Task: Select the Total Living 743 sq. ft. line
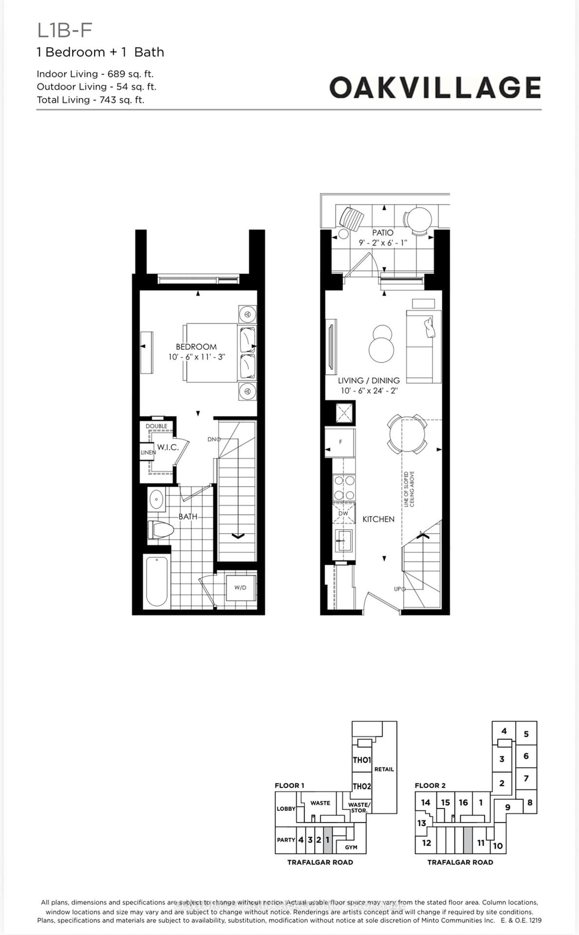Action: pos(90,100)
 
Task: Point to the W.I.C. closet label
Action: pos(168,447)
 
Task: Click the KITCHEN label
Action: pos(378,519)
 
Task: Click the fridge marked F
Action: pos(340,442)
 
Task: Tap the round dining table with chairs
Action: pos(407,435)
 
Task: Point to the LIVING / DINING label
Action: pos(369,381)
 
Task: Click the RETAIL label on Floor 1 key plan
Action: pos(384,769)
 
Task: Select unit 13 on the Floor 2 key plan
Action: pos(422,823)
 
